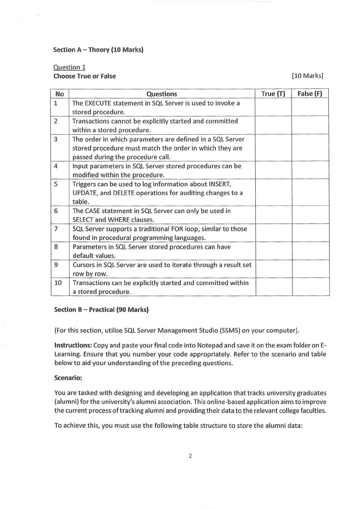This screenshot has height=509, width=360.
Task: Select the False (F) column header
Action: point(310,94)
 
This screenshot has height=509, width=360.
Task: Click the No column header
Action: point(59,94)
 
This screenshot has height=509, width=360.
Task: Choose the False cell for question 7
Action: point(310,233)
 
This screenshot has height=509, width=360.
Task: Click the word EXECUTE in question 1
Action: point(100,103)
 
